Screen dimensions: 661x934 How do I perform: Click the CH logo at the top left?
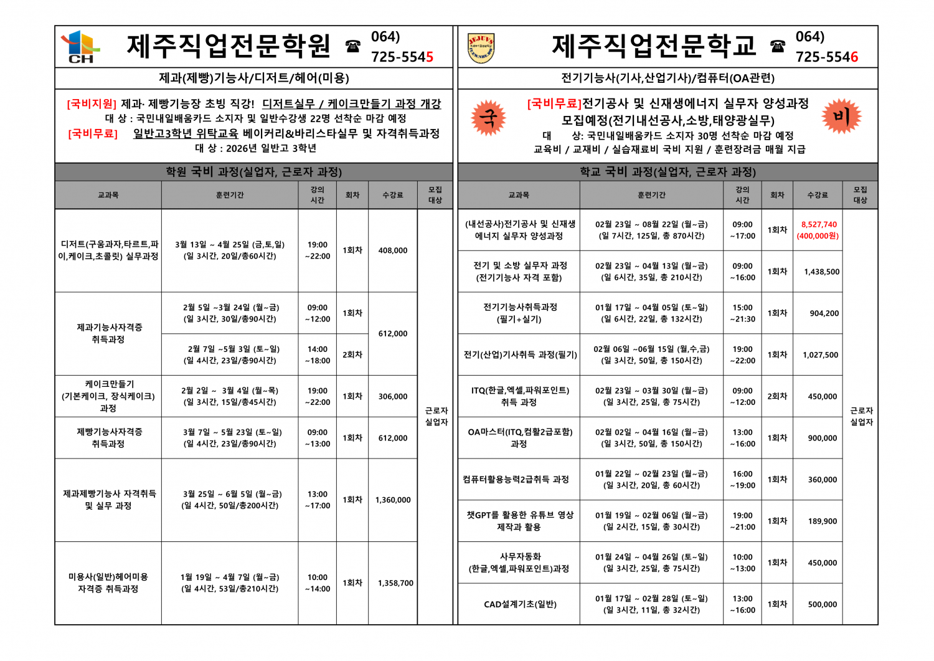[x=80, y=47]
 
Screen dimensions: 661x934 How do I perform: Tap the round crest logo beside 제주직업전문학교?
[x=481, y=48]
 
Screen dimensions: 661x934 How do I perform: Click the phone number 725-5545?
[x=402, y=57]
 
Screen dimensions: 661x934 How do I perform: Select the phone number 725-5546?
[x=826, y=57]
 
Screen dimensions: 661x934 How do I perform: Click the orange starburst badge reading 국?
[x=488, y=118]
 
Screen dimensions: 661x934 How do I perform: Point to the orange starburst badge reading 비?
[x=841, y=116]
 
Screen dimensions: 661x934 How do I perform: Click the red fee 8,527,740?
[x=819, y=224]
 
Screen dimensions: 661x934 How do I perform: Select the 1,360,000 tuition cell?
[x=393, y=500]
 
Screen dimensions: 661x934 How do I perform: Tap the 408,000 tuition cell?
[x=393, y=250]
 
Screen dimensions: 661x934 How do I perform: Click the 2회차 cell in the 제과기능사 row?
[x=352, y=354]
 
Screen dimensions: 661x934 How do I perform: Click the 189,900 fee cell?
[x=823, y=521]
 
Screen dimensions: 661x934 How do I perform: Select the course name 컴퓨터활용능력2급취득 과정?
[x=516, y=480]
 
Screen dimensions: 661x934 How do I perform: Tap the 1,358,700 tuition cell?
[x=395, y=583]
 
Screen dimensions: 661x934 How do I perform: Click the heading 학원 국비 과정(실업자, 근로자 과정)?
[x=253, y=172]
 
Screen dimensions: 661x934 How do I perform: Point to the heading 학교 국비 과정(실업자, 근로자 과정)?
[x=667, y=172]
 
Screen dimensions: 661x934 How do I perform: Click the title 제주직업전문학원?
[x=229, y=46]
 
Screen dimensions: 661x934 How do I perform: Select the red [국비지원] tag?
[x=91, y=103]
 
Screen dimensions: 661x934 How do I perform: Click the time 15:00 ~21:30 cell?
[x=742, y=313]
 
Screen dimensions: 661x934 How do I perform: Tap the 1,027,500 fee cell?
[x=820, y=355]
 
